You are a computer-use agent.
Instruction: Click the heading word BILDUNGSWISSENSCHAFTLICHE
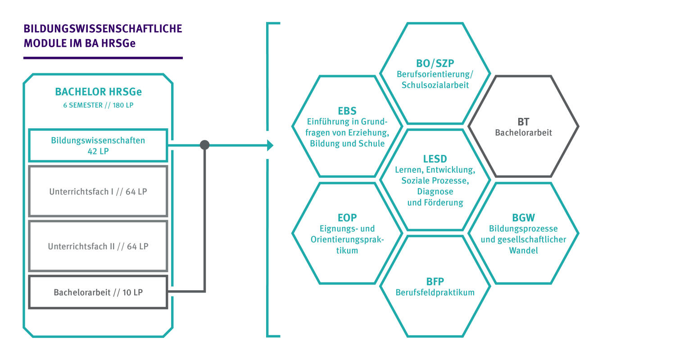pyautogui.click(x=103, y=29)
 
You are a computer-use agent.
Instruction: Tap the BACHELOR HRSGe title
pyautogui.click(x=98, y=92)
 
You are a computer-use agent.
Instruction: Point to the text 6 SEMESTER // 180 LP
pyautogui.click(x=98, y=105)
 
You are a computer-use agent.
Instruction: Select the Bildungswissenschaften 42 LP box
pyautogui.click(x=98, y=145)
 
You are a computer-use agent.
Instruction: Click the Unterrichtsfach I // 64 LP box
pyautogui.click(x=98, y=191)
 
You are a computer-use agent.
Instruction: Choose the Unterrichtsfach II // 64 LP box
pyautogui.click(x=98, y=246)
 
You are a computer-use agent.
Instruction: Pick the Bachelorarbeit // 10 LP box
pyautogui.click(x=98, y=292)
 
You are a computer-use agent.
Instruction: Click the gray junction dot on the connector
pyautogui.click(x=204, y=145)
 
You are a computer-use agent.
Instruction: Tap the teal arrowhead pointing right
pyautogui.click(x=270, y=145)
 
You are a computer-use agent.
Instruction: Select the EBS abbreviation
pyautogui.click(x=347, y=111)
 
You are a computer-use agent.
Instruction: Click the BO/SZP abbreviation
pyautogui.click(x=435, y=63)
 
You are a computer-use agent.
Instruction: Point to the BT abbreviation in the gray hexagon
pyautogui.click(x=523, y=121)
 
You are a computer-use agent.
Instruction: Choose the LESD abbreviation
pyautogui.click(x=435, y=158)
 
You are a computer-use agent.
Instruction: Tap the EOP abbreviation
pyautogui.click(x=347, y=217)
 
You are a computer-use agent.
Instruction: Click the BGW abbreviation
pyautogui.click(x=523, y=218)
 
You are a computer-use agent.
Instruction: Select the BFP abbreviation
pyautogui.click(x=435, y=282)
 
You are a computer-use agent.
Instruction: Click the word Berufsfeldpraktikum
pyautogui.click(x=435, y=292)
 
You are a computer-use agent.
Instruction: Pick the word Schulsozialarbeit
pyautogui.click(x=435, y=85)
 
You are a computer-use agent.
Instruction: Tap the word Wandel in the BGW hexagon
pyautogui.click(x=523, y=250)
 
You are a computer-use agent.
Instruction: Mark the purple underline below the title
pyautogui.click(x=103, y=58)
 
